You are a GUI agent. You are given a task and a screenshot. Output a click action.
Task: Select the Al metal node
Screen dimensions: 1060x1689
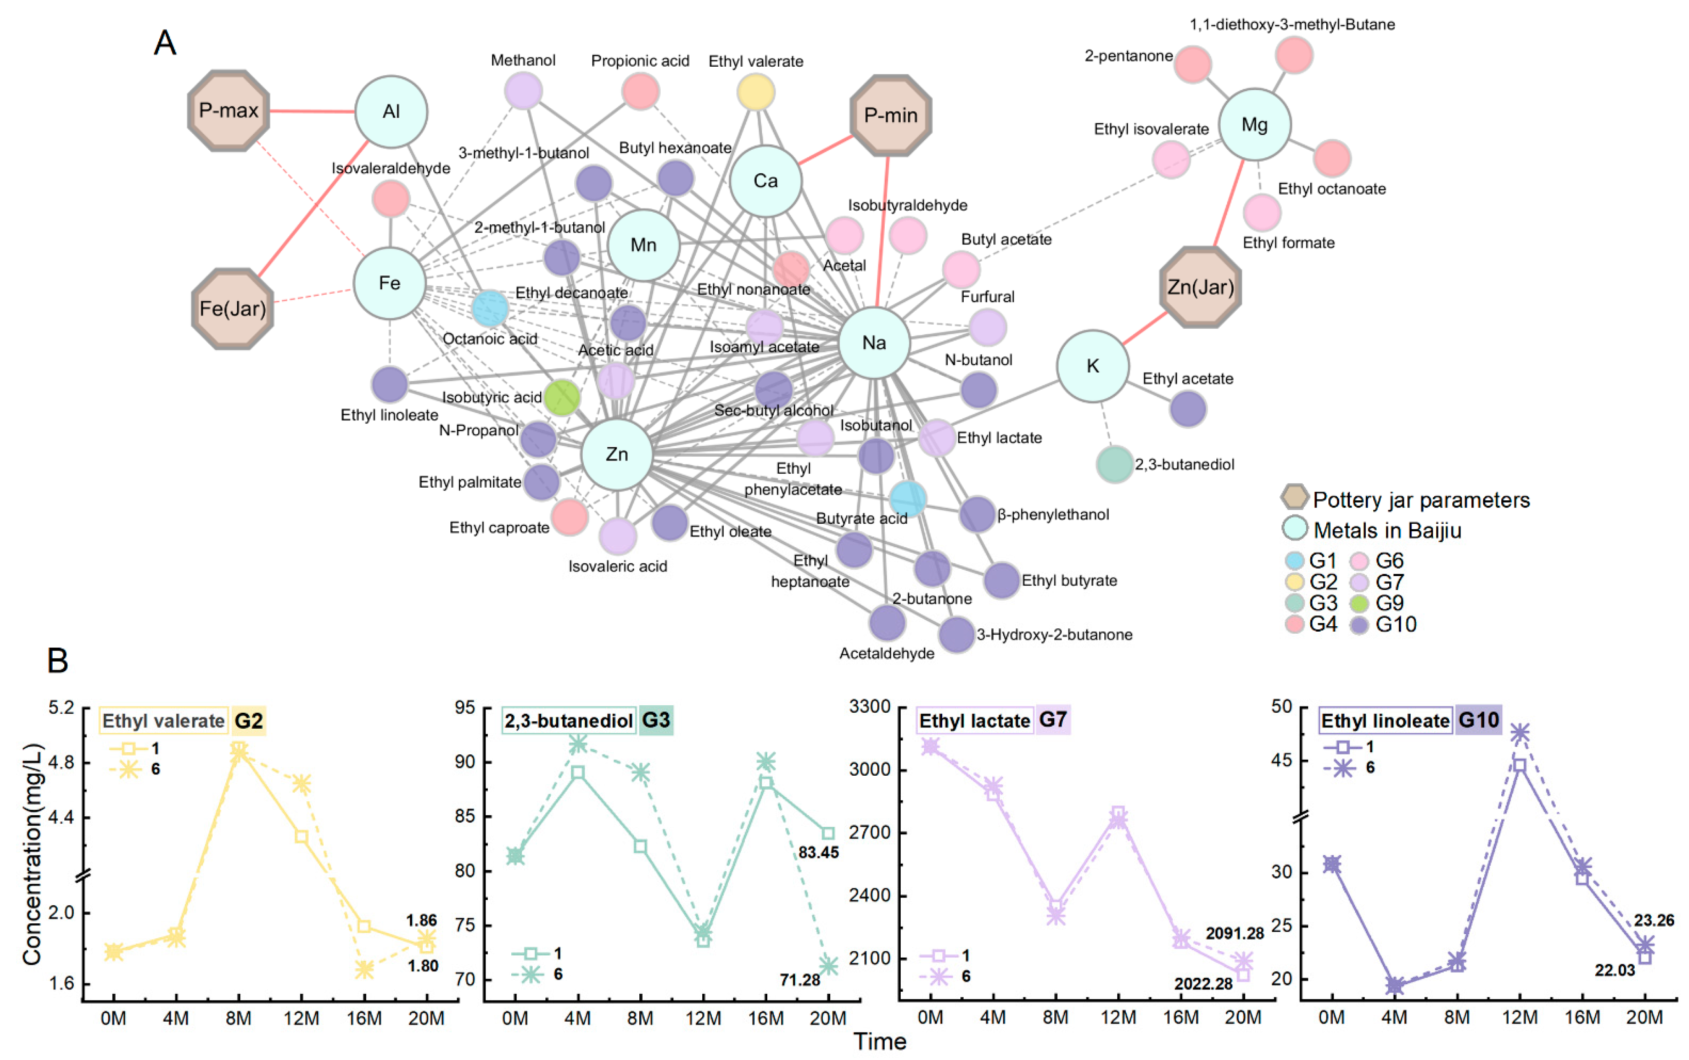[391, 112]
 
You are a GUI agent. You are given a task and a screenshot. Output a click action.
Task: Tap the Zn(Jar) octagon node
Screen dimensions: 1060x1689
[1200, 287]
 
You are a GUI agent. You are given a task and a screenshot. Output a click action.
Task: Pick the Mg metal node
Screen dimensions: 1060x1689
[1254, 125]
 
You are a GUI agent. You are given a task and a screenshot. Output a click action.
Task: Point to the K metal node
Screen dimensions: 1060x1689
[1093, 366]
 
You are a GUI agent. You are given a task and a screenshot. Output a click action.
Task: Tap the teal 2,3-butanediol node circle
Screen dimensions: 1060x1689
[1114, 464]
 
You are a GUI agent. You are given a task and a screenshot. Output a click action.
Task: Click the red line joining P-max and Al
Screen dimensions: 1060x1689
[313, 111]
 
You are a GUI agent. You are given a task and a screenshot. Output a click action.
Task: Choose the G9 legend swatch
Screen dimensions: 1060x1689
[1359, 603]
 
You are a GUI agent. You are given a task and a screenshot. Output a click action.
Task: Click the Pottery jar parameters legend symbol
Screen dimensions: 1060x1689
[1294, 498]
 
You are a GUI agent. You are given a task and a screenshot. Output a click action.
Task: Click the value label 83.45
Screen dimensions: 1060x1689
[818, 853]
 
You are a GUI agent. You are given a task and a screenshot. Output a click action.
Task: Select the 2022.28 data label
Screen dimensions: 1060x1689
[1203, 983]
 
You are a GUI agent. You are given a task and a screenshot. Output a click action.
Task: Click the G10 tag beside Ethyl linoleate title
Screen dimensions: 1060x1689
[1478, 720]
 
